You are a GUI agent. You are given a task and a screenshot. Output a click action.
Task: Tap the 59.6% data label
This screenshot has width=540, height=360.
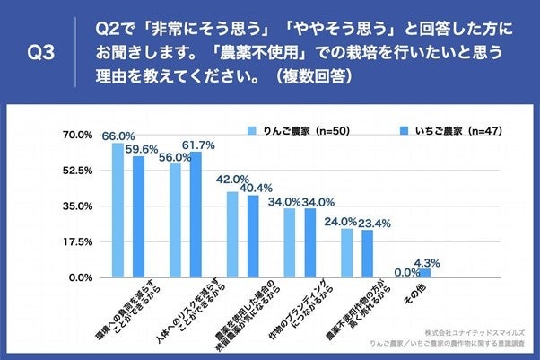(143, 149)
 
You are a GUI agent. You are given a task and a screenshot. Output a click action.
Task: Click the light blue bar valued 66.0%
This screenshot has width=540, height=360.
(118, 211)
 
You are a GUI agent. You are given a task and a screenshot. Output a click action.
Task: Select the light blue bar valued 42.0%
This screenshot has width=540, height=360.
(232, 235)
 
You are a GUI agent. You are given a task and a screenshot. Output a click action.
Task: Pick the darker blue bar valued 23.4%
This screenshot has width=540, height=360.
(368, 254)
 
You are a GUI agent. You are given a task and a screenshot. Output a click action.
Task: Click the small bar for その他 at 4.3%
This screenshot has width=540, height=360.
(425, 274)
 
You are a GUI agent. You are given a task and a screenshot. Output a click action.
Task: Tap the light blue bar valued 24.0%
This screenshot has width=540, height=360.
(346, 253)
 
